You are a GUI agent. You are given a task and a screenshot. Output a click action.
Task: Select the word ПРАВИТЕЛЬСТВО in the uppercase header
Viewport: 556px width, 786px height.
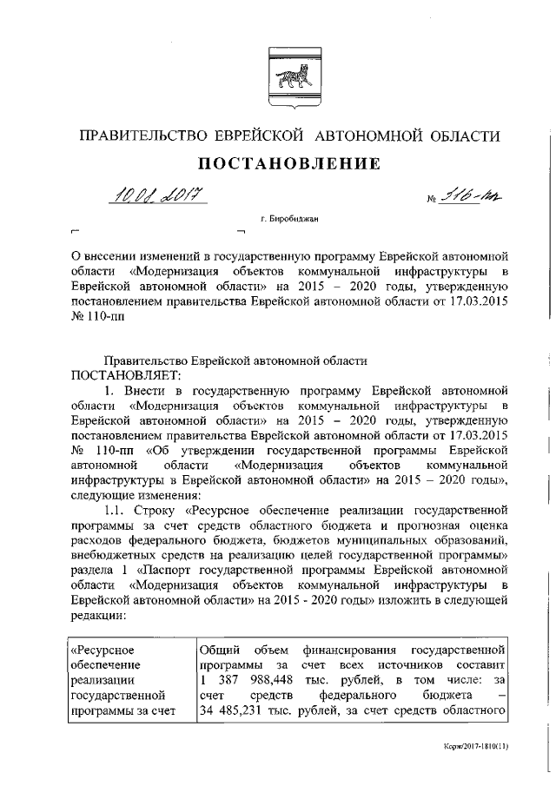pyautogui.click(x=139, y=136)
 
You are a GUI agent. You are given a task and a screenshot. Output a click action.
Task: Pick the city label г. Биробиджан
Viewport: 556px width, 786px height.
pyautogui.click(x=279, y=220)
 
